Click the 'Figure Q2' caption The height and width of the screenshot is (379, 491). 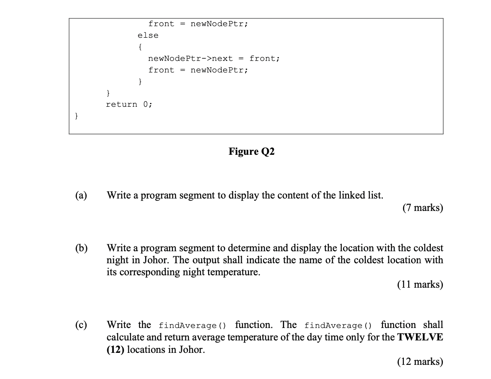point(251,151)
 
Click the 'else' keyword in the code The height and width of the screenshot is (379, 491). point(148,36)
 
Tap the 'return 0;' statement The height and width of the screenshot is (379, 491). point(129,104)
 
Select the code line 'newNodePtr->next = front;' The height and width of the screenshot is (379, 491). point(214,58)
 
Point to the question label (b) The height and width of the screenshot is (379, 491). point(80,248)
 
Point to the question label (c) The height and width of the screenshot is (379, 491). point(80,325)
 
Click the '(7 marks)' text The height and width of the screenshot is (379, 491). point(422,208)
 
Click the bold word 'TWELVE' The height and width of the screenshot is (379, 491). point(420,337)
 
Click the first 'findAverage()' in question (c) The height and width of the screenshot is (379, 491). point(192,325)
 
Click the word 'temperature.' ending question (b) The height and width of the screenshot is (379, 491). point(234,272)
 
